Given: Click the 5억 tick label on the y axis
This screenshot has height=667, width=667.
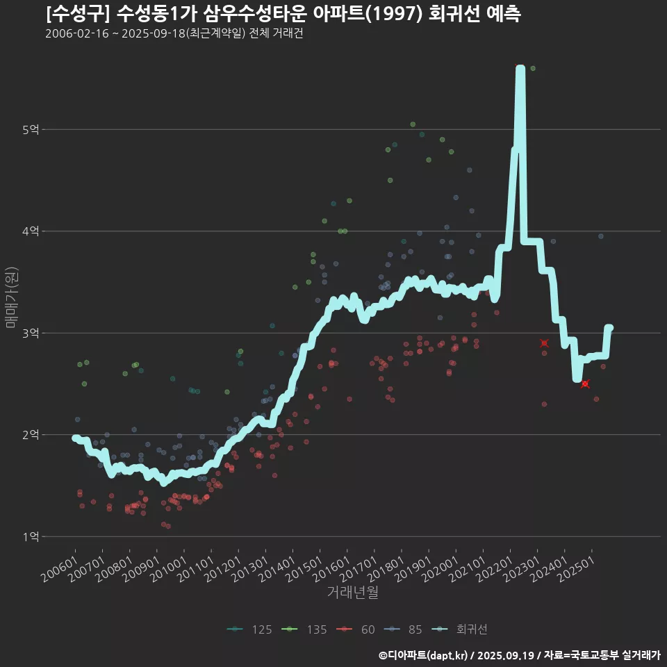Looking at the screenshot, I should (31, 129).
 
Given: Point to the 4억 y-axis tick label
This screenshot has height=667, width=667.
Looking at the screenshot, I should (31, 231).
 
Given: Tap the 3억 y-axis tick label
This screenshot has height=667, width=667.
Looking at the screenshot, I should (31, 333).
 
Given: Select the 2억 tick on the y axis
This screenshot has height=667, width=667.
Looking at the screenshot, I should (31, 435).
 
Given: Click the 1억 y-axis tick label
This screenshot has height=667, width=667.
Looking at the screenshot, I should (31, 536).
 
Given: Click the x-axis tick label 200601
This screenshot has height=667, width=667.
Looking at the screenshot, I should (60, 571).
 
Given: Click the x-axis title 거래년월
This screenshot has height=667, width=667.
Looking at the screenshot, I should (353, 593).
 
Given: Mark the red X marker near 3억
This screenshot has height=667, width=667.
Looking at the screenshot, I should (544, 343).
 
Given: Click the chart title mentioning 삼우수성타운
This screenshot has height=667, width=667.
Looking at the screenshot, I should (283, 13).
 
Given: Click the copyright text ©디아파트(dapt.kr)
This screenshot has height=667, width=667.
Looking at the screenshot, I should (425, 655).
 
